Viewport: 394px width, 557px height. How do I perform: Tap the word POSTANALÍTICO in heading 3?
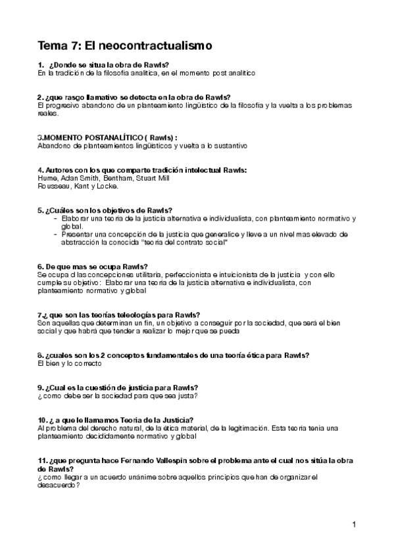coord(101,137)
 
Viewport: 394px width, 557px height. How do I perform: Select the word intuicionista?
coord(241,273)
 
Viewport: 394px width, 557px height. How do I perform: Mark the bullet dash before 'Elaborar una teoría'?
coord(56,218)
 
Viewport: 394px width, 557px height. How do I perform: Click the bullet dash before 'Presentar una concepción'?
coord(56,234)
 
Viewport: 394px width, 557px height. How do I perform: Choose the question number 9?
coord(41,387)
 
